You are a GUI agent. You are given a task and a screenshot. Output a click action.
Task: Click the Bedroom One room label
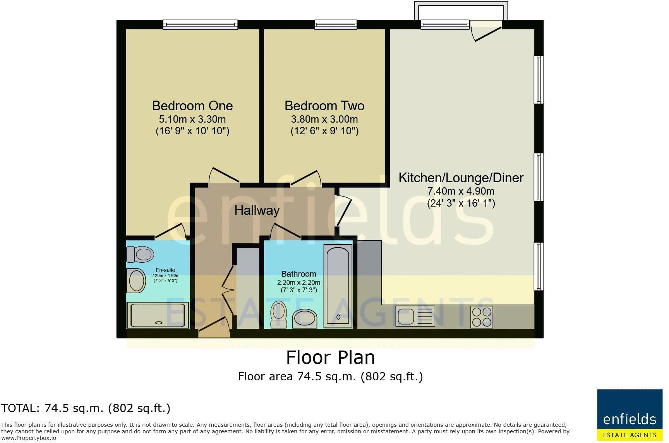click(192, 106)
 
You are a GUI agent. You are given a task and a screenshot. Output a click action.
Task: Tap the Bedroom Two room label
click(324, 106)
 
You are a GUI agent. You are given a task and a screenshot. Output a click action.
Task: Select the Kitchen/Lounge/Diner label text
click(461, 178)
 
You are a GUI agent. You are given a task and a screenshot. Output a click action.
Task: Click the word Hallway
click(257, 210)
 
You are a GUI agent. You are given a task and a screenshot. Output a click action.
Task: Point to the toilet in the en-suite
click(140, 255)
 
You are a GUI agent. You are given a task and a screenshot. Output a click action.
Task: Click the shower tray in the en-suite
click(158, 315)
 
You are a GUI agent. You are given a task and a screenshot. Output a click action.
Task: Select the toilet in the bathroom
click(278, 314)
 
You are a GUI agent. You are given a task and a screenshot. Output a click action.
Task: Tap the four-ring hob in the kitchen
click(482, 317)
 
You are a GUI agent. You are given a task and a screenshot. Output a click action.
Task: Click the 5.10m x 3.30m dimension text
click(192, 119)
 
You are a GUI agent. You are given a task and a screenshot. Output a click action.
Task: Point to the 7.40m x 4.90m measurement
click(461, 191)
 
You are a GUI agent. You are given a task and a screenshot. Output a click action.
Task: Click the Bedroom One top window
click(200, 25)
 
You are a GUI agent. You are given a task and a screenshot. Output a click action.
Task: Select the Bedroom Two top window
click(336, 25)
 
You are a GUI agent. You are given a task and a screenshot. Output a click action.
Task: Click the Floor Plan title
click(330, 357)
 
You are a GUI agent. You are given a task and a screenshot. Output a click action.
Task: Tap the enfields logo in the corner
click(630, 415)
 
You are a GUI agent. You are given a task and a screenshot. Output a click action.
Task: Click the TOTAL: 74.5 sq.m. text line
click(86, 408)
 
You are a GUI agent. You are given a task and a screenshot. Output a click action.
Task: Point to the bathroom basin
click(305, 319)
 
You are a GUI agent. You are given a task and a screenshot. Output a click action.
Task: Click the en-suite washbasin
click(136, 281)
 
